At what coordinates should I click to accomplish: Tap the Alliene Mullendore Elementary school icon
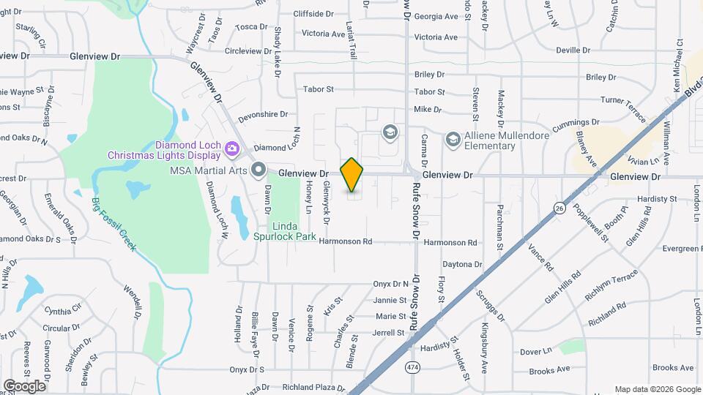point(453,139)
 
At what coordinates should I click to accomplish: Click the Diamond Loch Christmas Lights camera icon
point(232,148)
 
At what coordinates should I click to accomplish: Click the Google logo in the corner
point(24,385)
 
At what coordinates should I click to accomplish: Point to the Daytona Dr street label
point(462,264)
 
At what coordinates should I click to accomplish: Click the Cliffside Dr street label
point(313,13)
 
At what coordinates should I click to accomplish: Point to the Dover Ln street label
point(535,352)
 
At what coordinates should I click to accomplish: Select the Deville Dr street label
point(573,50)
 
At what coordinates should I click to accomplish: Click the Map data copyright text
point(657,389)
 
